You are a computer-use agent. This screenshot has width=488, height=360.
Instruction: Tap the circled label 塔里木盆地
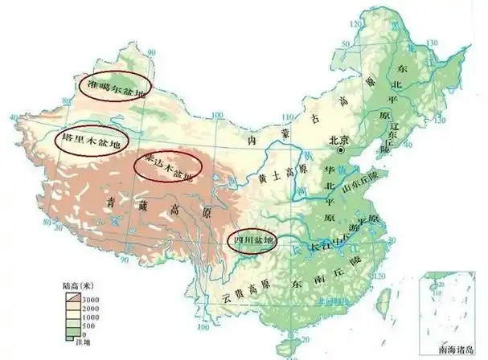pos(92,139)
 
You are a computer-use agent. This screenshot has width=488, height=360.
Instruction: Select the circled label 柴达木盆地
pos(168,167)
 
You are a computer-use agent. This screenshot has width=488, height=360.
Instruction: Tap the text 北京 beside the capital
pos(339,139)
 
